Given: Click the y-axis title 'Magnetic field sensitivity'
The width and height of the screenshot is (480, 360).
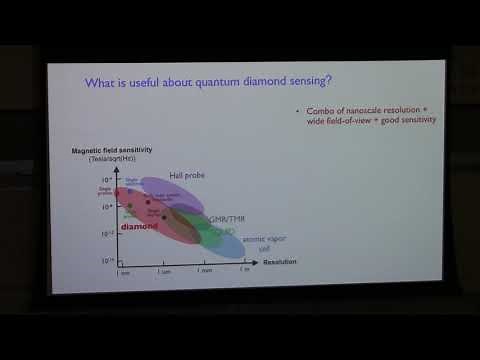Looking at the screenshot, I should (x=110, y=150).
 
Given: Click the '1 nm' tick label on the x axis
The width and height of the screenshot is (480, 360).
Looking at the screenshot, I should (x=122, y=270).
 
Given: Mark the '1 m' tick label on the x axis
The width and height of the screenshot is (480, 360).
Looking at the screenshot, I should (x=245, y=270).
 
